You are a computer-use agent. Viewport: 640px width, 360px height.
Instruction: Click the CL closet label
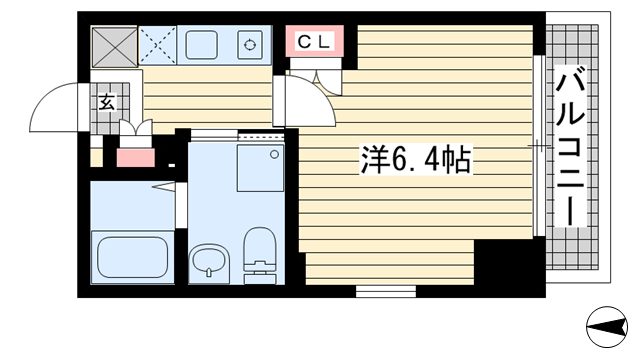click(x=314, y=42)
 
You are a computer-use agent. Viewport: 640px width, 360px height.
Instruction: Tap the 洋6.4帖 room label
click(x=416, y=160)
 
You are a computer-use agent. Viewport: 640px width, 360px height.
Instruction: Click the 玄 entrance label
click(x=107, y=102)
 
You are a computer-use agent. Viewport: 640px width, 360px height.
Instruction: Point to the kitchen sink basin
click(x=202, y=44)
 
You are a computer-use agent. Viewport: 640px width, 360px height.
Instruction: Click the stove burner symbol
click(x=250, y=44)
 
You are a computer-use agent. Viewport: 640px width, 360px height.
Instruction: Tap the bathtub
click(x=132, y=257)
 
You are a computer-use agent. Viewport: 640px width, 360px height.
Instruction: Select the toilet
click(x=260, y=255)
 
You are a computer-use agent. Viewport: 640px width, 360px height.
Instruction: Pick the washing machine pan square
click(x=260, y=168)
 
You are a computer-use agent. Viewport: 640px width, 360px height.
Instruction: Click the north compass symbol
click(x=607, y=327)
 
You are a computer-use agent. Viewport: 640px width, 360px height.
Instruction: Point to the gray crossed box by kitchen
click(x=114, y=47)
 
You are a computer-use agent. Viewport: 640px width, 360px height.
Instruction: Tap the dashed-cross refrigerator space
click(x=158, y=45)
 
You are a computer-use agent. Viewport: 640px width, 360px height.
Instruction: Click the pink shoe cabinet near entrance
click(x=136, y=158)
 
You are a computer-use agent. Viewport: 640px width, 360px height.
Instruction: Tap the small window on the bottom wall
click(x=386, y=291)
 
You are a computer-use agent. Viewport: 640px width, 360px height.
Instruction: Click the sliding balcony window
click(x=539, y=146)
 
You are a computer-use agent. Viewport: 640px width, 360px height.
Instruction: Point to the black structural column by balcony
click(x=509, y=265)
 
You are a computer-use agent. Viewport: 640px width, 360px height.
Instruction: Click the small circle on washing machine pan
click(x=275, y=154)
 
